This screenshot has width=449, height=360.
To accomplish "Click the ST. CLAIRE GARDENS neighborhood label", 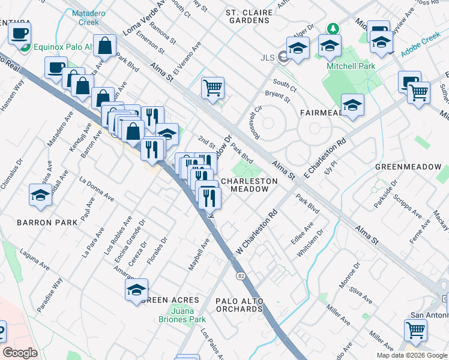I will pyautogui.click(x=247, y=16).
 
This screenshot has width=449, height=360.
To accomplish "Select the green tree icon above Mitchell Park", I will pyautogui.click(x=331, y=28).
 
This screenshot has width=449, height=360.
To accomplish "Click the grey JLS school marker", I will pyautogui.click(x=283, y=58).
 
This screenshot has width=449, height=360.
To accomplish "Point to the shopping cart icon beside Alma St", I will pyautogui.click(x=212, y=88).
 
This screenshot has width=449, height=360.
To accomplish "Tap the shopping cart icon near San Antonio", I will pyautogui.click(x=415, y=329).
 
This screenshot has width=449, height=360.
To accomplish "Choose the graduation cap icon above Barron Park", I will pyautogui.click(x=40, y=196).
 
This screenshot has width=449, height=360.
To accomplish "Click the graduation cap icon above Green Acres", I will pyautogui.click(x=136, y=290).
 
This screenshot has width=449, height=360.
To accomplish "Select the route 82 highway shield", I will pyautogui.click(x=241, y=275).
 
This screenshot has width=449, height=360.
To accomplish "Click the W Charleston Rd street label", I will pyautogui.click(x=258, y=230).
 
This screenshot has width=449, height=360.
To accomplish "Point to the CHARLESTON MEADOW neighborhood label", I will pyautogui.click(x=249, y=185).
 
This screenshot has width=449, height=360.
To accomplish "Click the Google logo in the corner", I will pyautogui.click(x=20, y=353).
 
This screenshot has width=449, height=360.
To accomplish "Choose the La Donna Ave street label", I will pyautogui.click(x=96, y=188).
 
